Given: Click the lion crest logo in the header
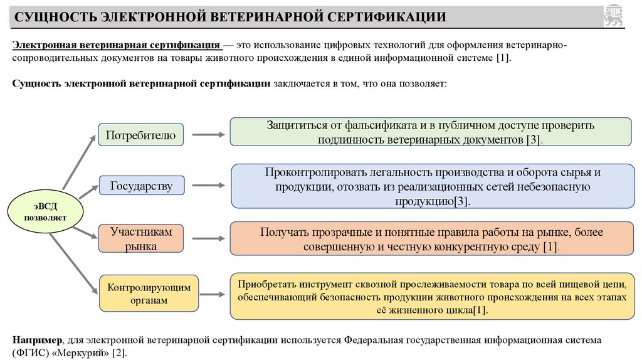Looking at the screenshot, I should (x=614, y=16).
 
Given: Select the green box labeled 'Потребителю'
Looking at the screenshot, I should (x=140, y=135).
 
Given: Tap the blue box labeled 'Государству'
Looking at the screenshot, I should (x=141, y=186).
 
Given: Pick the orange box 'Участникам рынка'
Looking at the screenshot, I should (x=140, y=239).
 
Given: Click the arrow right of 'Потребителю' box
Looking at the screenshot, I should (x=208, y=134).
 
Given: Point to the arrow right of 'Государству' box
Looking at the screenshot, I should (x=208, y=186).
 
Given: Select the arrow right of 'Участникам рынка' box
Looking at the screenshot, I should (x=208, y=239).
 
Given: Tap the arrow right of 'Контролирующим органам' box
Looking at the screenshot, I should (x=208, y=293).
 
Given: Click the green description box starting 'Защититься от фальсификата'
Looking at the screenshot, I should (x=430, y=132).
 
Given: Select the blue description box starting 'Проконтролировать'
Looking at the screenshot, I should (x=433, y=186).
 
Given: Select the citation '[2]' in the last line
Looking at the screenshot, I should (x=118, y=353).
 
